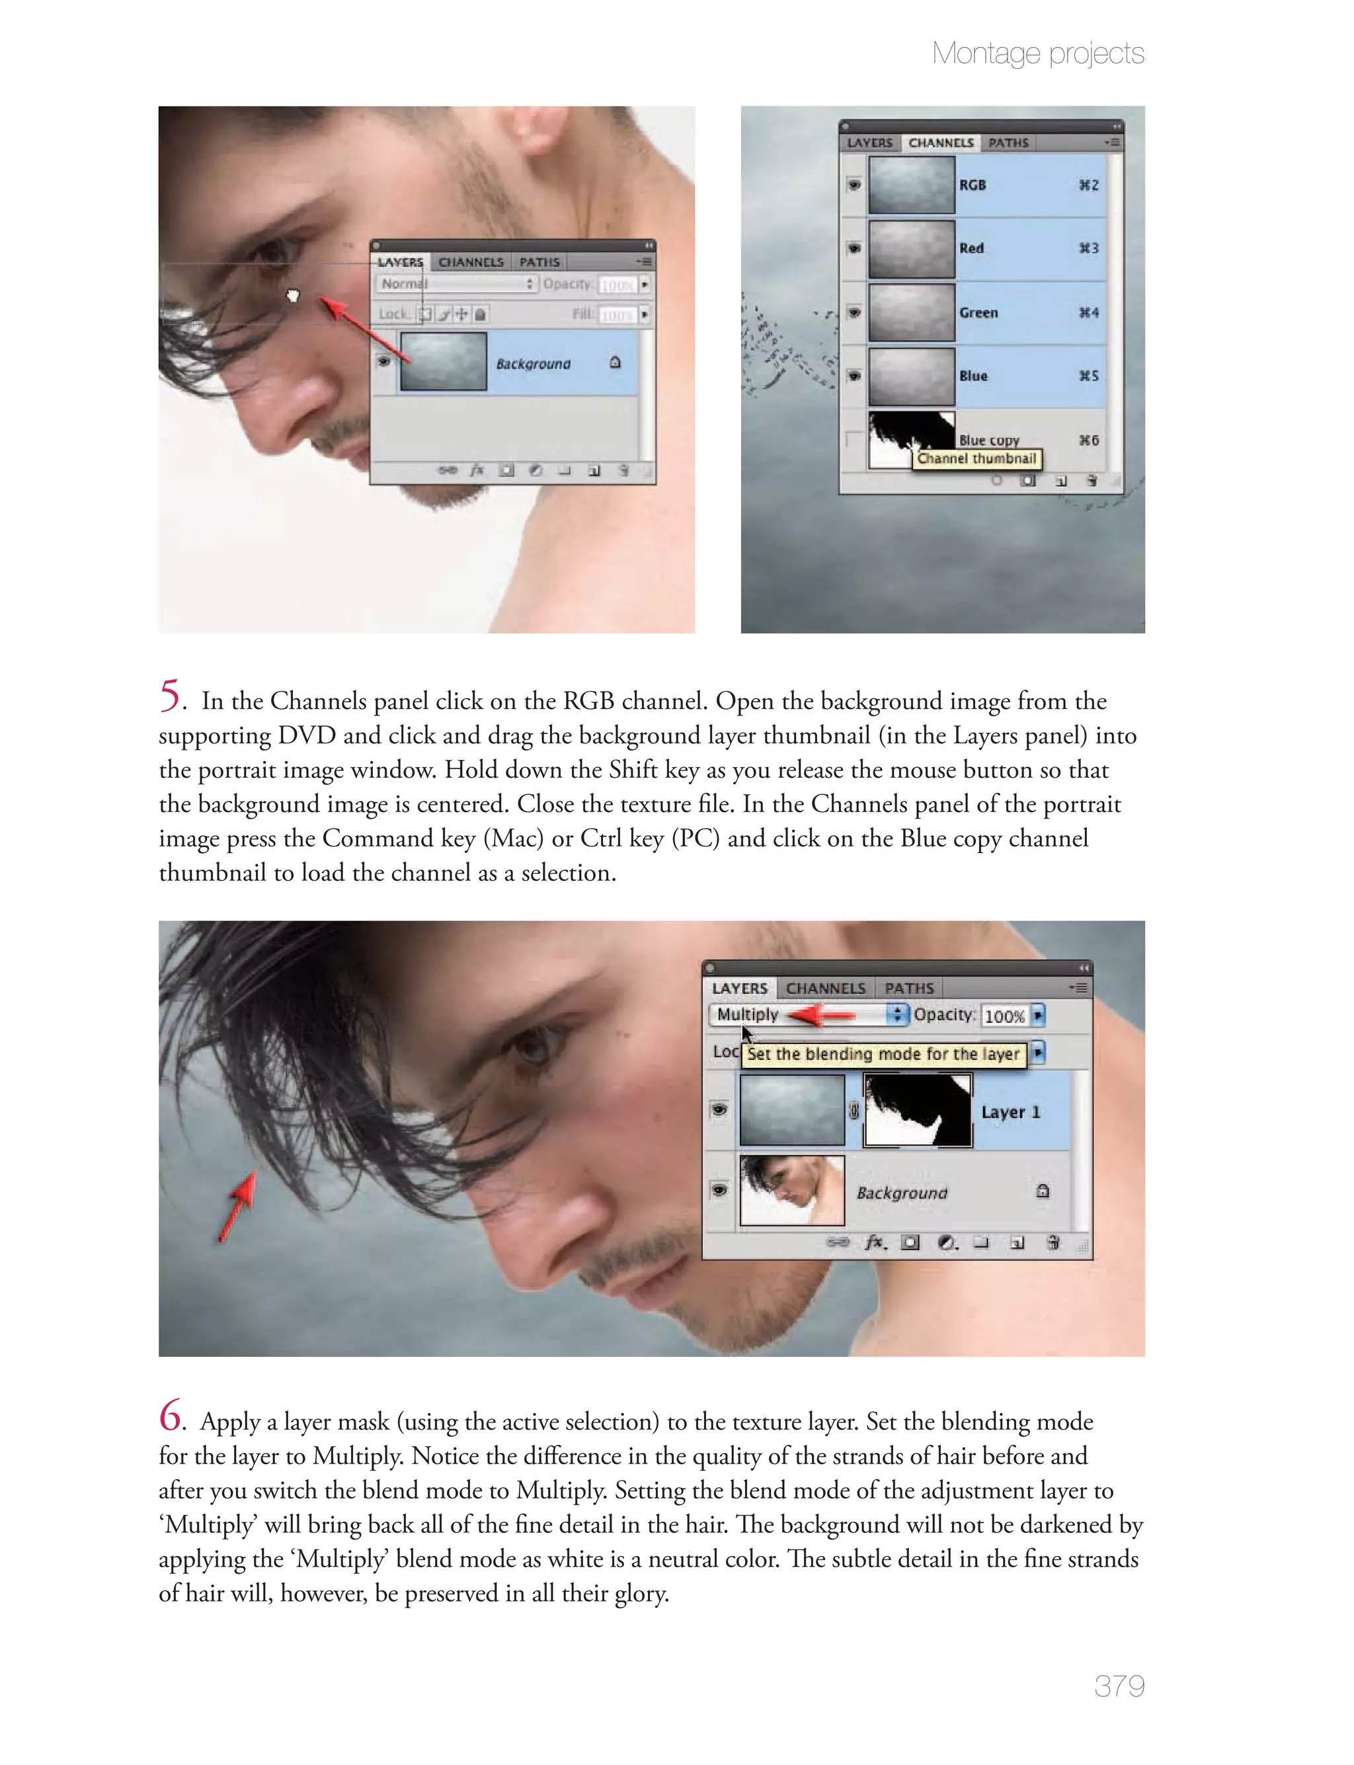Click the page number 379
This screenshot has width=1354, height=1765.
[1119, 1685]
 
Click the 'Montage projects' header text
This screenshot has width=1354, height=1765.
[1037, 53]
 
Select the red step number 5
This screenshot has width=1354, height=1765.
[169, 695]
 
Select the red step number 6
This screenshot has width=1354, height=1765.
[170, 1415]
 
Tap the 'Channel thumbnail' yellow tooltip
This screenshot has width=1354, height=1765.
[976, 458]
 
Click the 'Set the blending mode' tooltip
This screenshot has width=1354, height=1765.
[883, 1053]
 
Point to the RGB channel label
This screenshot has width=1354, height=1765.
[972, 185]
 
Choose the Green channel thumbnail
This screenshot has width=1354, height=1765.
[912, 312]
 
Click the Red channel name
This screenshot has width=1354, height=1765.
[971, 248]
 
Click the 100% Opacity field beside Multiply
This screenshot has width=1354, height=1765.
[1004, 1016]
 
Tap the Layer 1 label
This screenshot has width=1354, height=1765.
[1011, 1112]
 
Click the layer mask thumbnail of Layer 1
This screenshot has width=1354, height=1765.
[918, 1110]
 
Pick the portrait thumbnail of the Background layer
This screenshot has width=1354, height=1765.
[791, 1190]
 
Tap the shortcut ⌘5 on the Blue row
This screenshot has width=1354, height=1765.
[1088, 376]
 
